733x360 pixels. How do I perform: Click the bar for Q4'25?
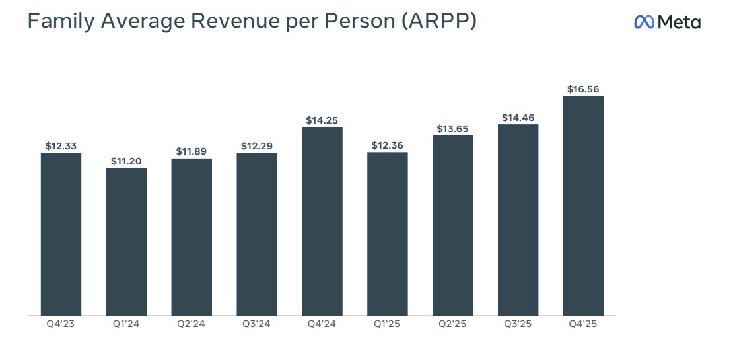pos(583,206)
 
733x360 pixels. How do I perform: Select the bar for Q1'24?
pos(126,242)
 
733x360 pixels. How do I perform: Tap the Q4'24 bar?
pos(322,221)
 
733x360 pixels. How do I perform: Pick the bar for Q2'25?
pos(453,225)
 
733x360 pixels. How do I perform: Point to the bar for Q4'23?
pos(61,234)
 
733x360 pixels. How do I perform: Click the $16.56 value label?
pos(583,89)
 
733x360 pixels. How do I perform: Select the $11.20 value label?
pos(126,161)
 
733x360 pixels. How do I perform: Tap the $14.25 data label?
pos(322,120)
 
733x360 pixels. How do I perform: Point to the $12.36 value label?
pos(388,145)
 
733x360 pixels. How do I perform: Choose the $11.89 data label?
pos(192,151)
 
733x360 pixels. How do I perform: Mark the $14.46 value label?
pos(518,118)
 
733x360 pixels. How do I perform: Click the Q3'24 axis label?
pos(257,324)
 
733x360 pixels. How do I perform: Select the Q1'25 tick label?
pos(388,324)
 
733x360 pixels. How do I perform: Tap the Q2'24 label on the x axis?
pos(192,324)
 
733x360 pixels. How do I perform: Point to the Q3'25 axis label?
pos(518,324)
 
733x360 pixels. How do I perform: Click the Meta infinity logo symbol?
pos(644,22)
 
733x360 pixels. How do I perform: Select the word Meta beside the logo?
pos(680,22)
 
